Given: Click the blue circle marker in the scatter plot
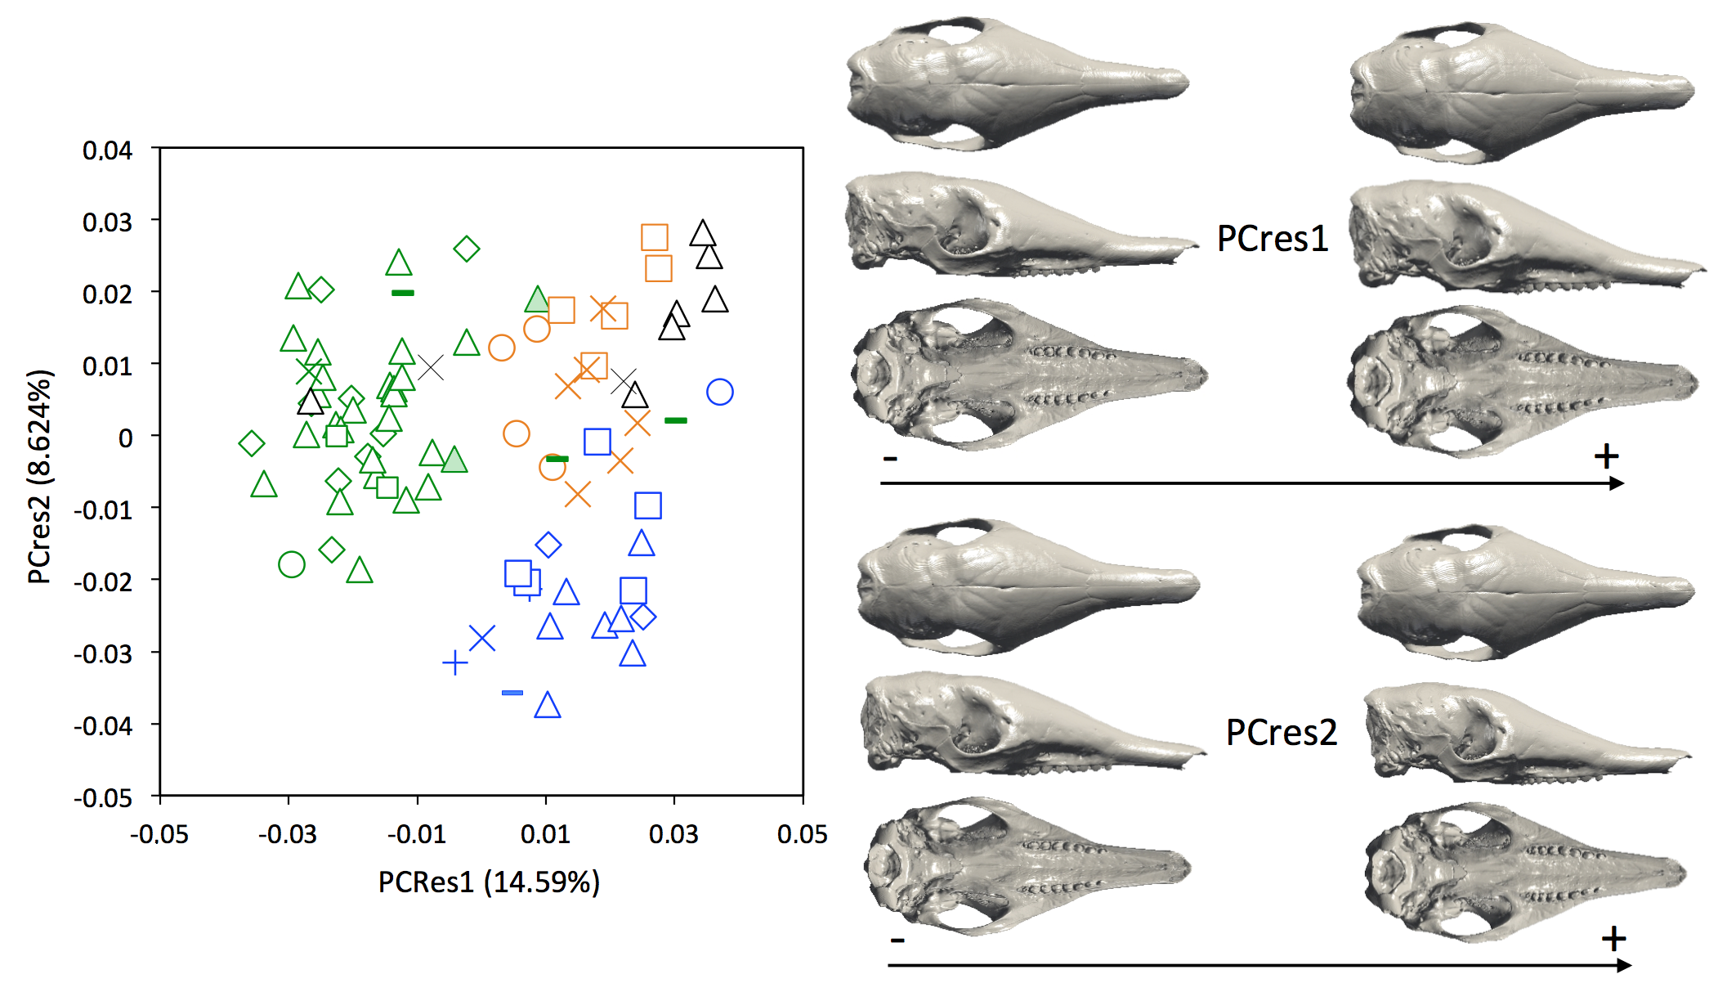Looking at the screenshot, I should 719,393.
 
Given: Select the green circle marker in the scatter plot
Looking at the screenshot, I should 292,564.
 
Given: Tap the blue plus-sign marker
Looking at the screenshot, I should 454,662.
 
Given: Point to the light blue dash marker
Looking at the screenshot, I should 512,693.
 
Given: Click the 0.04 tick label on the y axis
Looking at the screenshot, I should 107,150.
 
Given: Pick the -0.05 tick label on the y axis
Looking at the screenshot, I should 103,797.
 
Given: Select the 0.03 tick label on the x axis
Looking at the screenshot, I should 673,834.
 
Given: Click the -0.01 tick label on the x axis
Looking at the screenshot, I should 416,834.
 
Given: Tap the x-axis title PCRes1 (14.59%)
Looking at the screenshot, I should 489,882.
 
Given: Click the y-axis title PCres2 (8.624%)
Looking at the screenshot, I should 40,476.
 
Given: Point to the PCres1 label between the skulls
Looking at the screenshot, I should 1273,239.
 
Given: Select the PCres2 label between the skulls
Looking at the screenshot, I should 1281,732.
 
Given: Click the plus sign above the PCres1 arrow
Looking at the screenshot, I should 1606,456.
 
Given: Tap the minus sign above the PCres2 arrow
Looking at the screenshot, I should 897,940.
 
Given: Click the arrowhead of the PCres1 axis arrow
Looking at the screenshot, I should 1617,483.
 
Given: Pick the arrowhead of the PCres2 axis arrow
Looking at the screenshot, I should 1625,966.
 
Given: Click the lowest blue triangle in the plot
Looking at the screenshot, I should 548,706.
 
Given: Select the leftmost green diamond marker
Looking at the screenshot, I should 252,443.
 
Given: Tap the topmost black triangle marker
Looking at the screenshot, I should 702,235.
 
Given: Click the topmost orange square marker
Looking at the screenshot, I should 654,237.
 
